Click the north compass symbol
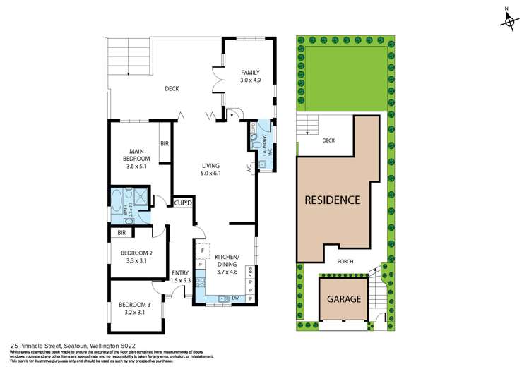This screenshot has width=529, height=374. (x=509, y=20)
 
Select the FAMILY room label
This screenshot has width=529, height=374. (x=250, y=76)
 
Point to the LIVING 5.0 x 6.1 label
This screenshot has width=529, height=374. (x=210, y=169)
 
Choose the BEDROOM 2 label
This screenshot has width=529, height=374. (x=136, y=256)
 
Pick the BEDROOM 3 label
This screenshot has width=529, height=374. (x=134, y=308)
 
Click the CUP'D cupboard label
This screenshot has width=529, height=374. (x=184, y=204)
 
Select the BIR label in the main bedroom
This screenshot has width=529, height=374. (x=165, y=144)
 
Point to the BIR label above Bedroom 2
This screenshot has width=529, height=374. (x=121, y=232)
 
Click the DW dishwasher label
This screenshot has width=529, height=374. (x=234, y=299)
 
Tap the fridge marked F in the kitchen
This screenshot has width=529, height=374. (x=203, y=251)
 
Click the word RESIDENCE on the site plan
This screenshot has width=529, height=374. (x=332, y=200)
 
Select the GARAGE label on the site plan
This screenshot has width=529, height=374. (x=343, y=299)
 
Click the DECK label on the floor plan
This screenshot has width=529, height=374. (x=172, y=89)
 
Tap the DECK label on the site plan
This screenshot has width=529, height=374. (x=328, y=140)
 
